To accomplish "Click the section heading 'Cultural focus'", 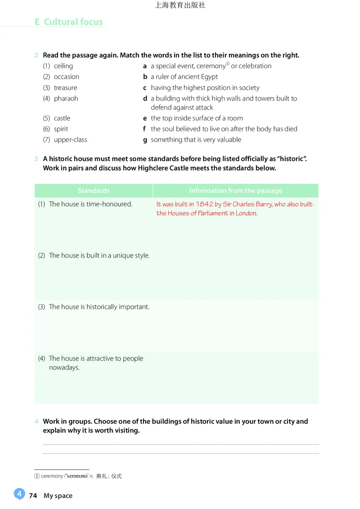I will [x=73, y=22].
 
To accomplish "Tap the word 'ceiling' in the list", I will [x=63, y=66].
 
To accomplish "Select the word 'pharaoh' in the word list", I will [x=66, y=98].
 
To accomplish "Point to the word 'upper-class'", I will [x=70, y=139].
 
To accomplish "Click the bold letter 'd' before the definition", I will [x=145, y=98].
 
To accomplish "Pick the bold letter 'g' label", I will [x=145, y=139].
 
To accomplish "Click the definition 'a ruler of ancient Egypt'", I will [x=184, y=76].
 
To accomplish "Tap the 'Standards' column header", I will [x=93, y=191].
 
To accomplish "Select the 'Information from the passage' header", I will [x=235, y=191].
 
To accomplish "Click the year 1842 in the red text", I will [x=204, y=204].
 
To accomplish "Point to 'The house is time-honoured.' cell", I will [x=90, y=204].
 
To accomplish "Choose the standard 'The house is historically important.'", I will [x=99, y=307].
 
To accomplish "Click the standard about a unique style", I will [x=99, y=255].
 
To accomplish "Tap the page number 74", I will [x=33, y=496].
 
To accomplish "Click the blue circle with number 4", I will [x=19, y=494].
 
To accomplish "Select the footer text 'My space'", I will [x=58, y=496].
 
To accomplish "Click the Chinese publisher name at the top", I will [x=180, y=5].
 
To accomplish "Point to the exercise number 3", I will [x=36, y=159].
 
